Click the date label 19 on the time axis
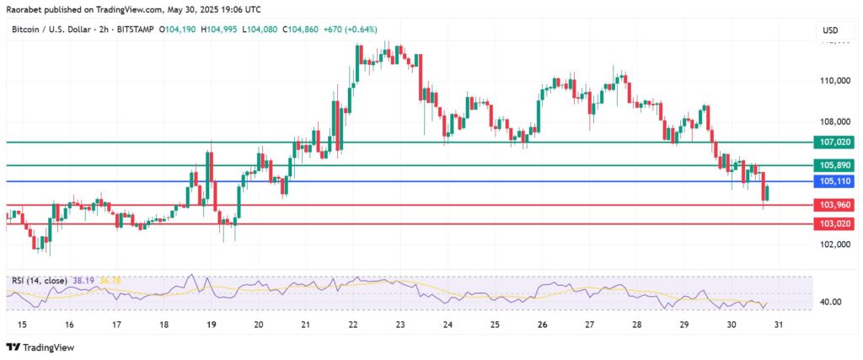[x=211, y=325]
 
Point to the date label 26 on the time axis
[x=543, y=325]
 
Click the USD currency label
[x=829, y=30]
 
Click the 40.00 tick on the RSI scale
[x=832, y=302]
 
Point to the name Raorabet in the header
[x=25, y=9]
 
